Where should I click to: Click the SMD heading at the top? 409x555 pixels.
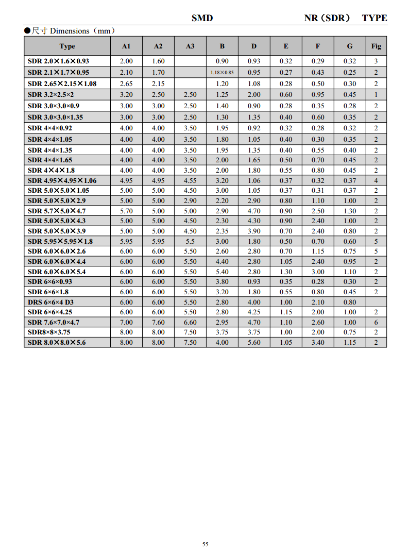[202, 18]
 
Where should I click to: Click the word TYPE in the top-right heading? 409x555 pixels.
[374, 18]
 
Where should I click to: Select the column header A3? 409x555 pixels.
[190, 46]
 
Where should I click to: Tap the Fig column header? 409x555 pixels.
[376, 46]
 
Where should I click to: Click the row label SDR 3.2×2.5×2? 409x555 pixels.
[51, 95]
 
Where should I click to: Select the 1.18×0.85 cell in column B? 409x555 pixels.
[222, 73]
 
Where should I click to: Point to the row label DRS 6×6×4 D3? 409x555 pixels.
[51, 302]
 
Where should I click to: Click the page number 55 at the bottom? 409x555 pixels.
[205, 544]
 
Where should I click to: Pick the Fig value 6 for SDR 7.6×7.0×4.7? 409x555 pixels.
[376, 323]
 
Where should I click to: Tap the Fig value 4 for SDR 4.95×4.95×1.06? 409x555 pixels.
[376, 180]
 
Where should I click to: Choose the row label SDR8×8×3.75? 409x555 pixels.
[49, 332]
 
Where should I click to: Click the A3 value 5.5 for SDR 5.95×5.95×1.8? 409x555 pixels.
[190, 242]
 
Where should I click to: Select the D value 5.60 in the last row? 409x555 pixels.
[254, 343]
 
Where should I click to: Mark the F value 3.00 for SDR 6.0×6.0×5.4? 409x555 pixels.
[318, 272]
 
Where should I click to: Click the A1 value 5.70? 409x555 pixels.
[126, 211]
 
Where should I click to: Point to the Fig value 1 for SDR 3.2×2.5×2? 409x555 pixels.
[376, 95]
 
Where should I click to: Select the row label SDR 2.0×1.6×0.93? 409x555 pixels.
[59, 61]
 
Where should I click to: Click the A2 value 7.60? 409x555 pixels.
[158, 323]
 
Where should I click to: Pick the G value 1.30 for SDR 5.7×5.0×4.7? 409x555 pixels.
[350, 211]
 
